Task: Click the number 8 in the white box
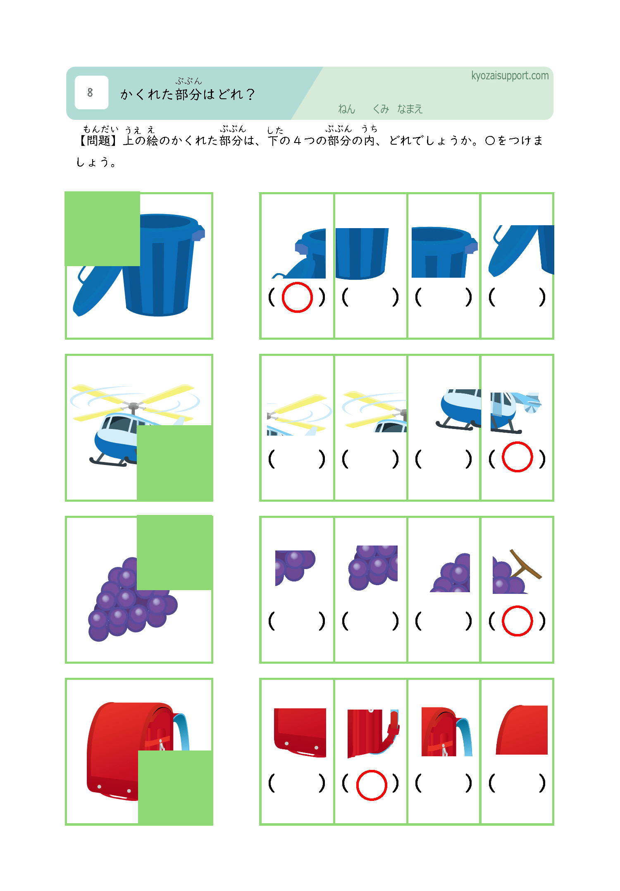click(x=90, y=93)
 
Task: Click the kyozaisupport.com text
click(x=510, y=76)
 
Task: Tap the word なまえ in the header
click(x=410, y=109)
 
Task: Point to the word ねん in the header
click(x=346, y=109)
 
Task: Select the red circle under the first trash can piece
click(x=297, y=297)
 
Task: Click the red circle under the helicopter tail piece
click(x=517, y=457)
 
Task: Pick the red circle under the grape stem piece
click(x=517, y=621)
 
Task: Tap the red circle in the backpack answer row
click(x=372, y=785)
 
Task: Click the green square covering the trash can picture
click(x=103, y=229)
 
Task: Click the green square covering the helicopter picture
click(x=175, y=463)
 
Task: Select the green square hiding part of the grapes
click(x=174, y=553)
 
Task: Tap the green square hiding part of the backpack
click(x=175, y=788)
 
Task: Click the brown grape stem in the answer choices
click(x=525, y=565)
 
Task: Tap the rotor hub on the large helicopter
click(x=133, y=407)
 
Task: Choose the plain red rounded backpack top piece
click(x=522, y=730)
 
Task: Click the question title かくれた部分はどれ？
click(x=188, y=95)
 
